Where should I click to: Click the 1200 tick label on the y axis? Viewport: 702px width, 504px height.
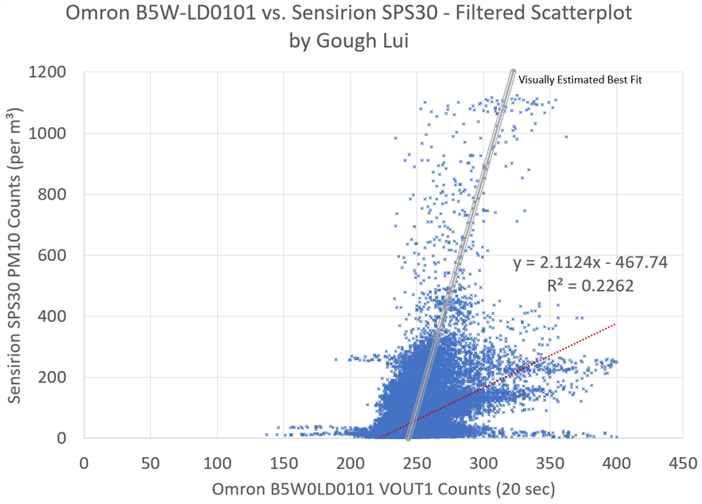[50, 72]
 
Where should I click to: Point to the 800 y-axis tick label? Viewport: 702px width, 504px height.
[54, 194]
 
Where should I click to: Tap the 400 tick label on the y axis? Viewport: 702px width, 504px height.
[54, 316]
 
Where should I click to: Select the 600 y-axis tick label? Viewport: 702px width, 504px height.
[54, 255]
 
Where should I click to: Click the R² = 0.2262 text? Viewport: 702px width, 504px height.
[590, 285]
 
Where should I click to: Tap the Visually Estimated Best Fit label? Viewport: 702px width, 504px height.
[580, 79]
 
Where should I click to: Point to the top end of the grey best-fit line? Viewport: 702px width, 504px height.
[513, 72]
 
